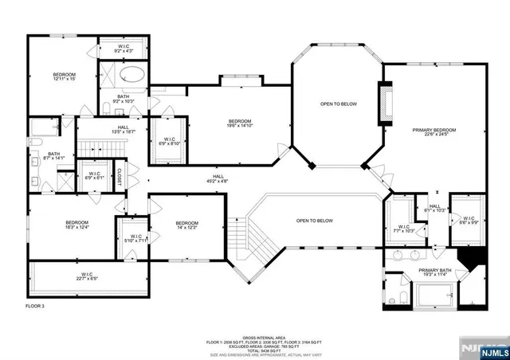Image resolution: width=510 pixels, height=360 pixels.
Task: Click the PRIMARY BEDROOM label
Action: tap(434, 131)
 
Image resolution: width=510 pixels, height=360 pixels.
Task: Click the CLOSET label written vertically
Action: tap(120, 176)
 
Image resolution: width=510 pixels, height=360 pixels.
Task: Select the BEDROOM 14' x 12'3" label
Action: tap(186, 225)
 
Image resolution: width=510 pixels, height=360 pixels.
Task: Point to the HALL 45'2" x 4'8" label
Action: tap(218, 179)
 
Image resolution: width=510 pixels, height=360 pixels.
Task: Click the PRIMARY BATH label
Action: tap(436, 272)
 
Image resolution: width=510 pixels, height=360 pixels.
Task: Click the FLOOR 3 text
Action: tap(37, 306)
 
